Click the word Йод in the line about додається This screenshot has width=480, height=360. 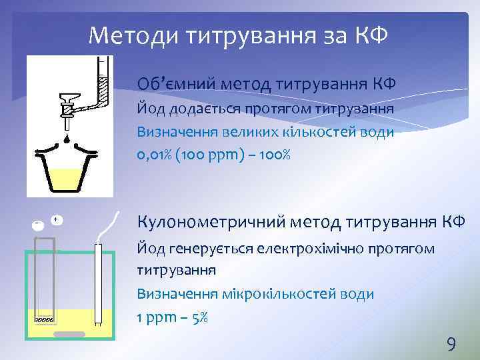(x=148, y=108)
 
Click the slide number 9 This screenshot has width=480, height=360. (x=451, y=344)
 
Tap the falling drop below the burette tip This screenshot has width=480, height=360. (x=69, y=139)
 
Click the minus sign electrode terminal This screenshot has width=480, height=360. (x=38, y=224)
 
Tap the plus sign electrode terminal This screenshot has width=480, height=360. (x=56, y=220)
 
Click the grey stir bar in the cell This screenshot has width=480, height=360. (x=70, y=334)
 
